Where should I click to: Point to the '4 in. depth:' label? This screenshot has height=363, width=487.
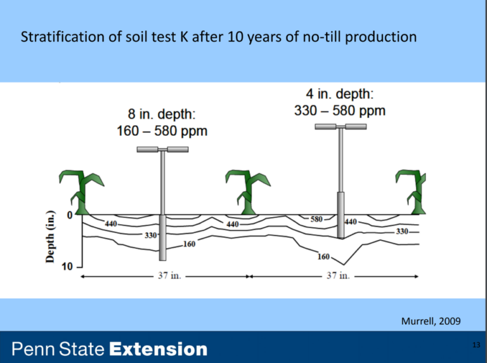(340, 95)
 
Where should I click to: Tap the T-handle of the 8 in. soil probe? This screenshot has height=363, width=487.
(162, 150)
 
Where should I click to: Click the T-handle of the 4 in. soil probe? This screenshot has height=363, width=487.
(341, 127)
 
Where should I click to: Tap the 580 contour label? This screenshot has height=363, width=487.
(316, 219)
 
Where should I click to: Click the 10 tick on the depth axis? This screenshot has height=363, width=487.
(67, 267)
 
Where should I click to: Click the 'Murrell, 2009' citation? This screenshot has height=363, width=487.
(432, 321)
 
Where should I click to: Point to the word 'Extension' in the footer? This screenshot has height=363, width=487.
(159, 349)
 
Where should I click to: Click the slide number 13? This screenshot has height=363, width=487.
(477, 344)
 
